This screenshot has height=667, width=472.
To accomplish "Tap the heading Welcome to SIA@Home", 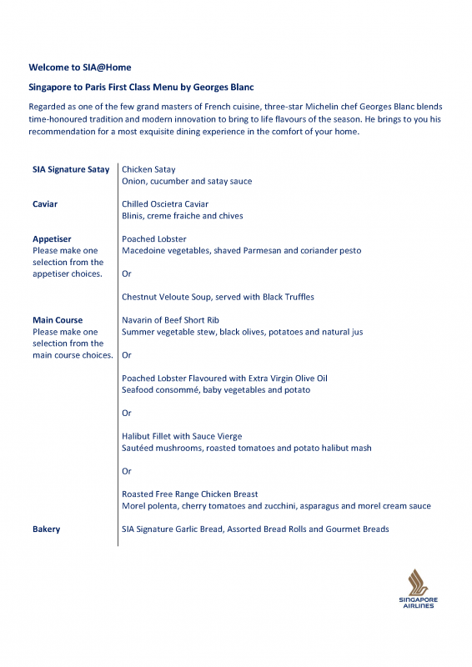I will (80, 68).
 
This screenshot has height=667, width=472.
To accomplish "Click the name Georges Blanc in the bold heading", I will (223, 88).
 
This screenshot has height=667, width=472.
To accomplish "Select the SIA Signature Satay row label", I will (71, 169).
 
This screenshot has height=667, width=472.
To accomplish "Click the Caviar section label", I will (45, 204).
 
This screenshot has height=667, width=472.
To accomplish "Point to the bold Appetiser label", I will (52, 239).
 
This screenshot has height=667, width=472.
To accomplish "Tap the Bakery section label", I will (47, 529).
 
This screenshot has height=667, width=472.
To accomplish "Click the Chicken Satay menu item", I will (148, 169).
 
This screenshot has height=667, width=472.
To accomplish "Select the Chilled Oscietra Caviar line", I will (165, 204).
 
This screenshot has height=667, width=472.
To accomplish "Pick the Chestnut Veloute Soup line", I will (218, 297).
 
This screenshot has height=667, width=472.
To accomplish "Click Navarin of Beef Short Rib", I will (170, 320).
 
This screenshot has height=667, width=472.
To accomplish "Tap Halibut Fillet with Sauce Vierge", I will (182, 436).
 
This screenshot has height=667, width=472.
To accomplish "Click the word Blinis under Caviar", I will (133, 216).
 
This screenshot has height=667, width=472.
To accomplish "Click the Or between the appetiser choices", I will (127, 273).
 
